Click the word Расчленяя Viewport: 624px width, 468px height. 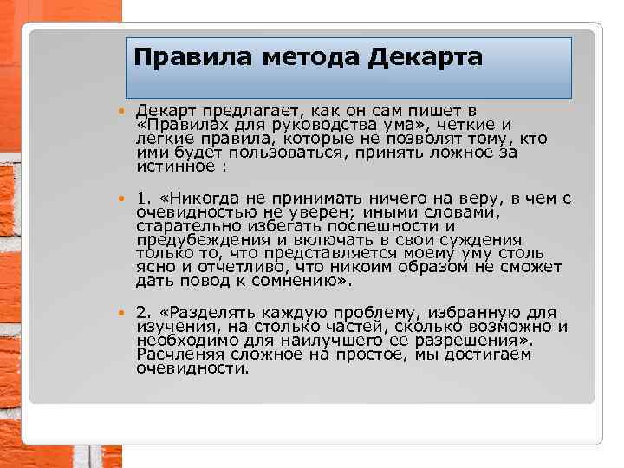coord(180,354)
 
